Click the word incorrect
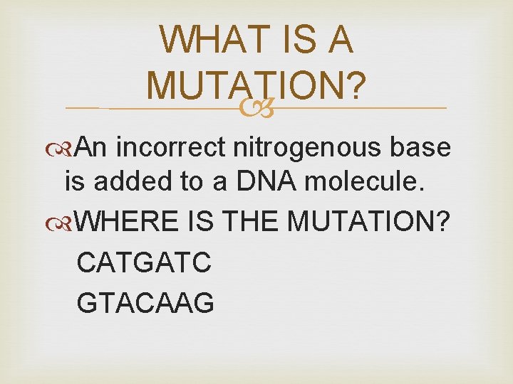[171, 147]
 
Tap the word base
[420, 147]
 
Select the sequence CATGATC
[144, 262]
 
